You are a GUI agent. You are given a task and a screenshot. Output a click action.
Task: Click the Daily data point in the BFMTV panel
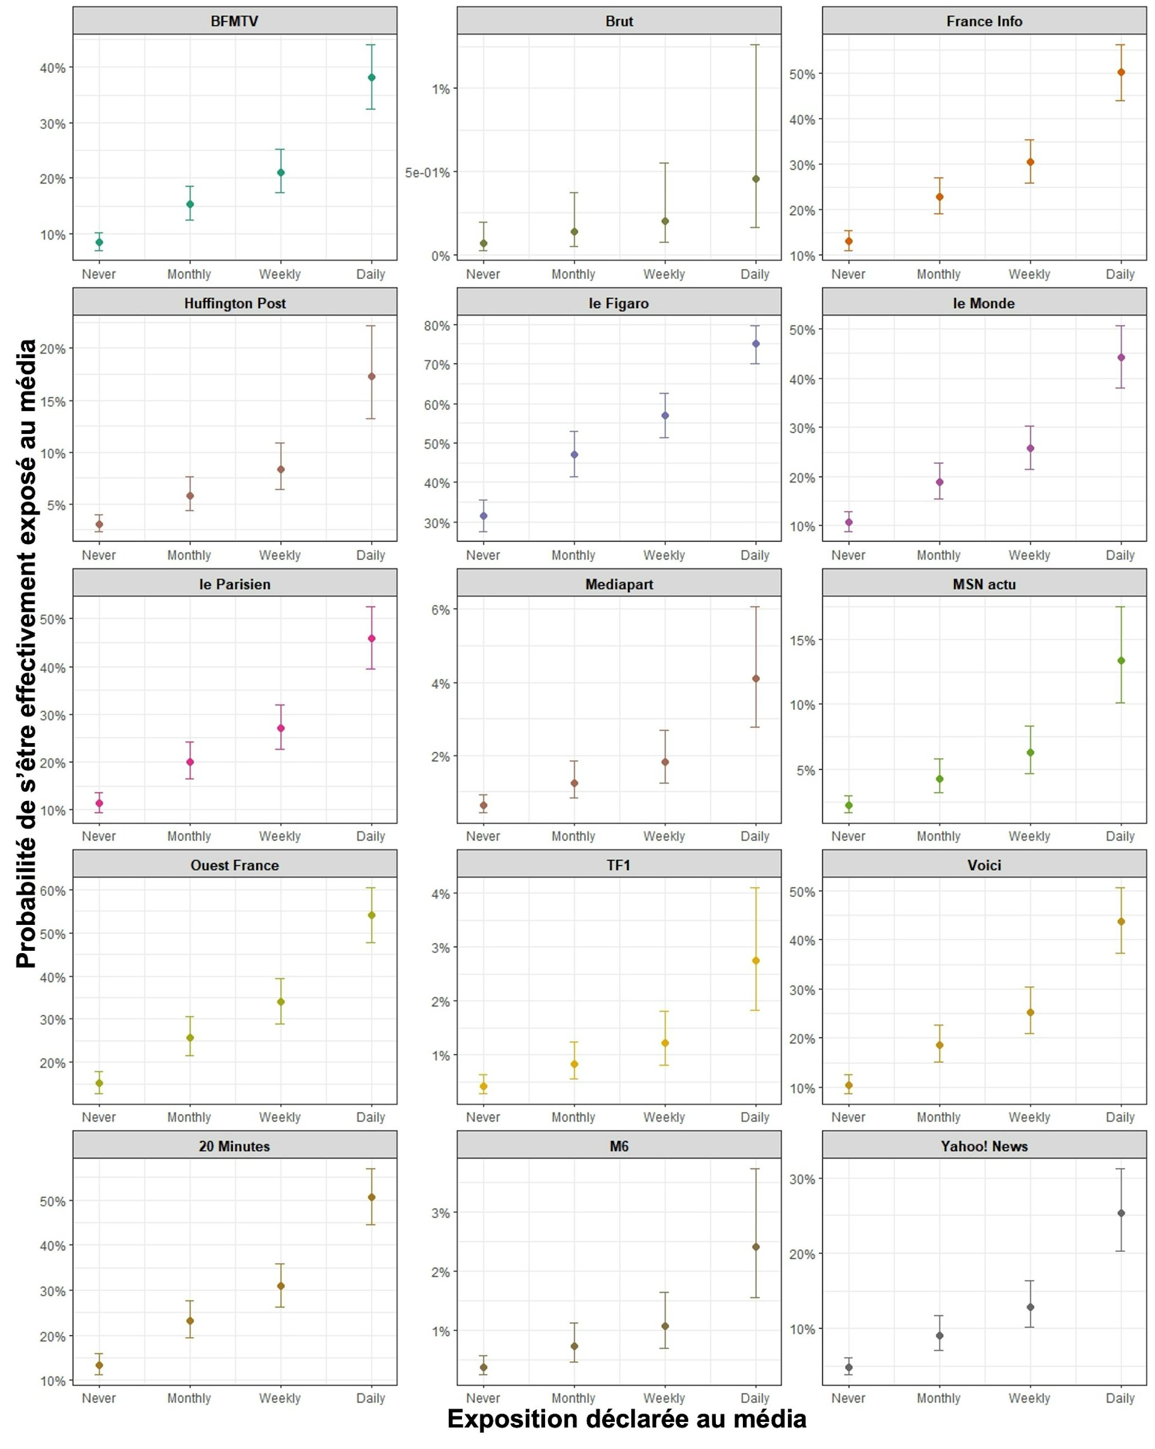click(x=372, y=77)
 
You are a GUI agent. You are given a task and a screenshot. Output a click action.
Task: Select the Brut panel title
click(x=619, y=22)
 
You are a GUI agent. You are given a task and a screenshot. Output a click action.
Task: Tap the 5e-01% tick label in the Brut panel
click(x=427, y=173)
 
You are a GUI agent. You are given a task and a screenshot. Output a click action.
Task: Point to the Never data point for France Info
click(x=849, y=241)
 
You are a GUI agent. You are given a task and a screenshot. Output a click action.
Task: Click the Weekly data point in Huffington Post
click(x=281, y=469)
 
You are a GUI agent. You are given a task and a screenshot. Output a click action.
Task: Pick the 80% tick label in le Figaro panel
click(x=437, y=326)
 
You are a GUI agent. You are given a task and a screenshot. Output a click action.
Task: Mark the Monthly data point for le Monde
click(x=939, y=482)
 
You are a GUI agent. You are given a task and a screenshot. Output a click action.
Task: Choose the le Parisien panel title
click(x=235, y=584)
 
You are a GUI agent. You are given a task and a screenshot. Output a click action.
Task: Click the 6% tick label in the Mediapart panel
click(x=441, y=610)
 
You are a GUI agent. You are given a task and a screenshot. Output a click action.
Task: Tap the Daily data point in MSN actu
click(x=1121, y=661)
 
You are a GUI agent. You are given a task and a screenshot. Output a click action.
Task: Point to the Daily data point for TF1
click(x=756, y=960)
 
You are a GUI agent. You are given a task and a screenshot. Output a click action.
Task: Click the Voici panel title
click(x=984, y=865)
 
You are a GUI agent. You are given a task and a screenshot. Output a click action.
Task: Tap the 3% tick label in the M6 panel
click(x=441, y=1213)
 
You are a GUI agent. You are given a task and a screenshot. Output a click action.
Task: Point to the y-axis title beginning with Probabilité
click(x=27, y=652)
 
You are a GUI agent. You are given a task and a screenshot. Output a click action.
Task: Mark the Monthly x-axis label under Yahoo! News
click(x=938, y=1398)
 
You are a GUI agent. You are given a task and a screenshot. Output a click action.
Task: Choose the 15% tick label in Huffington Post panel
click(x=53, y=402)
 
